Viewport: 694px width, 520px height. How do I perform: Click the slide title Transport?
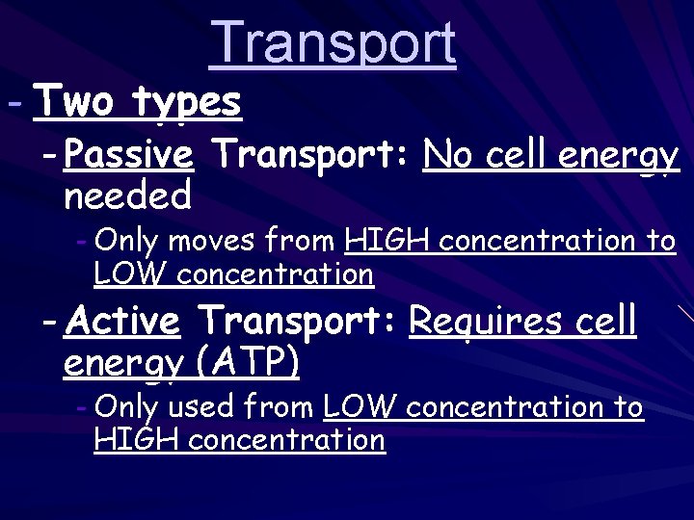[x=332, y=43]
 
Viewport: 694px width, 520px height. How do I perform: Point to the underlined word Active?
[x=122, y=320]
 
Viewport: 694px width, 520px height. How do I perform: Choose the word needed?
[x=127, y=196]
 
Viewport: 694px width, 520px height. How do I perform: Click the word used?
[x=200, y=407]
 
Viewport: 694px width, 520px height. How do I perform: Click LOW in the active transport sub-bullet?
[x=360, y=407]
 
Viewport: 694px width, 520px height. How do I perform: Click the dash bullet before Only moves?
[x=82, y=240]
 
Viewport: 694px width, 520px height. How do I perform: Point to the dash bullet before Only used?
[x=82, y=407]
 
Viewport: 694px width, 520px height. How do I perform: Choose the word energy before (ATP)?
[x=123, y=364]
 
